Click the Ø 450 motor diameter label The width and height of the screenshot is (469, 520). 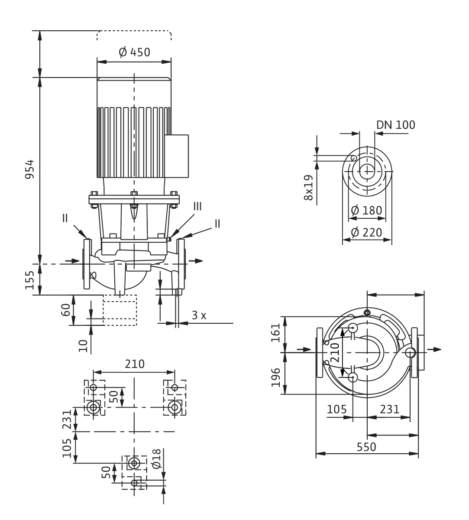click(x=134, y=52)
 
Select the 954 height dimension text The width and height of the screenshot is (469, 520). click(x=29, y=169)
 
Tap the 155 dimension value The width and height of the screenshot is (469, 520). click(x=29, y=280)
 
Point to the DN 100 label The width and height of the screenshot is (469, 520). click(x=395, y=125)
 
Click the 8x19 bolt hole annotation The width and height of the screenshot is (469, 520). click(x=308, y=188)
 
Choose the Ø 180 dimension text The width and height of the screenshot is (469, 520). click(x=366, y=210)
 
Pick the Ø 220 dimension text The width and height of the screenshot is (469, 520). click(x=366, y=232)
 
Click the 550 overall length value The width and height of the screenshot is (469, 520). click(x=366, y=447)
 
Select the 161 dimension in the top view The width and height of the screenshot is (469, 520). click(x=276, y=332)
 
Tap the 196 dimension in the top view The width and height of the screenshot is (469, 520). click(x=276, y=377)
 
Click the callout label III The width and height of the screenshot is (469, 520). click(x=197, y=206)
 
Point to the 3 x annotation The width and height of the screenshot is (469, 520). click(x=199, y=315)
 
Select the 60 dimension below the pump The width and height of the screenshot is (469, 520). click(x=66, y=310)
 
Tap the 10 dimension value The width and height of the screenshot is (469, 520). click(x=83, y=346)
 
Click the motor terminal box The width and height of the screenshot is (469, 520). click(x=176, y=156)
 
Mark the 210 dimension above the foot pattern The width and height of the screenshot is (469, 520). click(x=135, y=364)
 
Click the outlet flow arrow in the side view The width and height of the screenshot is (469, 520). click(x=196, y=261)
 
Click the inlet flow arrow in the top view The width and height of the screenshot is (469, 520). click(x=304, y=349)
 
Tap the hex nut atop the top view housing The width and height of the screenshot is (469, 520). click(x=367, y=312)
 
